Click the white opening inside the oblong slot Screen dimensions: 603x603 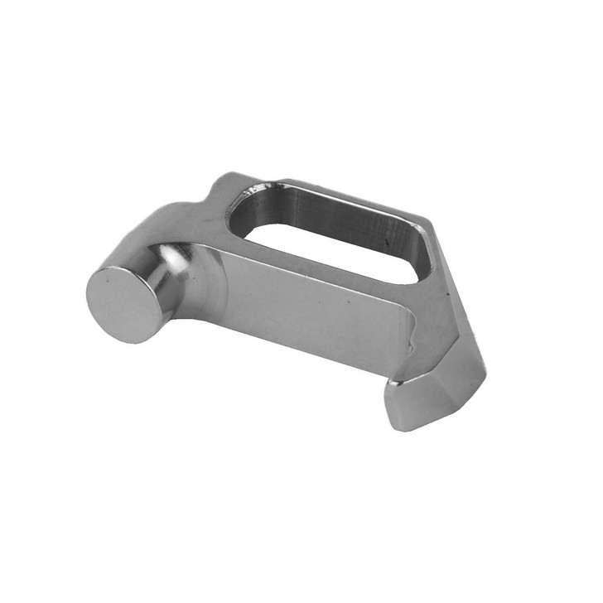click(x=331, y=244)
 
